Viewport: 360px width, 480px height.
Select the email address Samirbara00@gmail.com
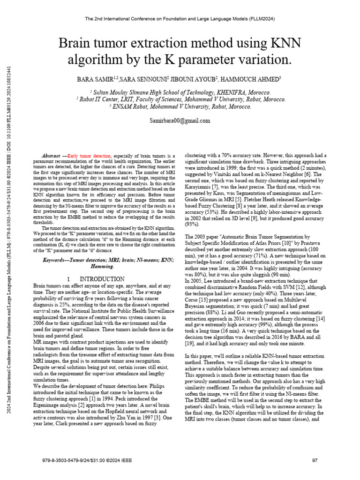[180, 120]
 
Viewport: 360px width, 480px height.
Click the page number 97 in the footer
[315, 460]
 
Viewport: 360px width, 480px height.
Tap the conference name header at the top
[180, 19]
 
